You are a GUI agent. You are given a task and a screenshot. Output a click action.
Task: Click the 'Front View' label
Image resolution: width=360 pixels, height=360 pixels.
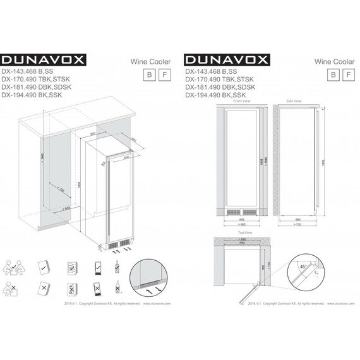click(242, 101)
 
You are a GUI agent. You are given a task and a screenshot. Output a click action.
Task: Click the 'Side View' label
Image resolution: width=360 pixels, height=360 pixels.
click(294, 101)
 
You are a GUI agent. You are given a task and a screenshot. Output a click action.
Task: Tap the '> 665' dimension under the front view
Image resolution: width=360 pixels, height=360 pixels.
click(242, 224)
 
